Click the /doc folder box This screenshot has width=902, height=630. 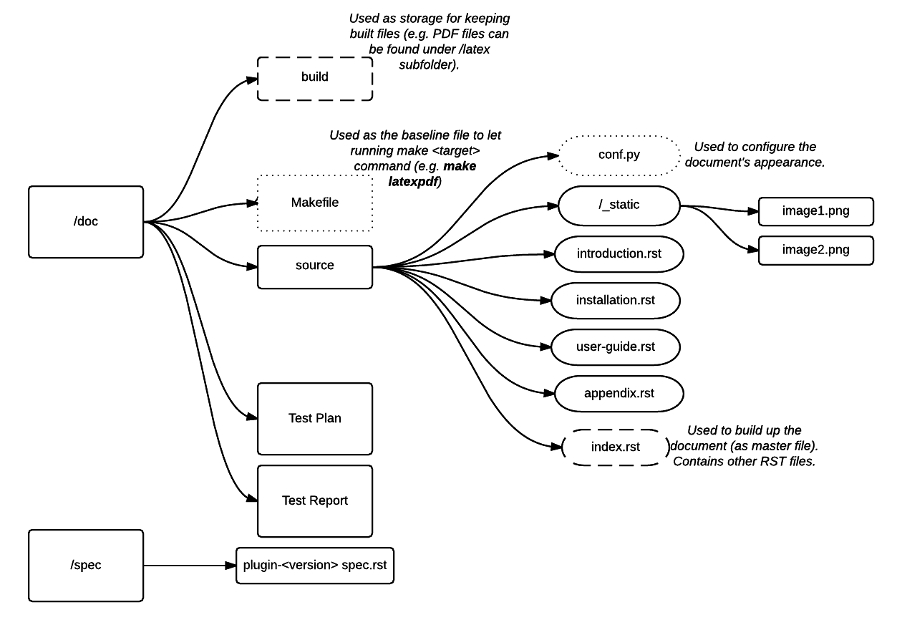pos(86,222)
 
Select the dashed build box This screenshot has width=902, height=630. pos(315,77)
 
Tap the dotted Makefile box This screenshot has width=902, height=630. pos(315,203)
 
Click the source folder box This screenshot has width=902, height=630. pos(315,266)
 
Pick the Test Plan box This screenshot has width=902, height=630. pos(315,419)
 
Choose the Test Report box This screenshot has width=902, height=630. pos(315,501)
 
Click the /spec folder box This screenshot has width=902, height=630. pos(86,566)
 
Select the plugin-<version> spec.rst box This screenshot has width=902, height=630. pos(315,566)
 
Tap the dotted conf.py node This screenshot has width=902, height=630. pos(619,155)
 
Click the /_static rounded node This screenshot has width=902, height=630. pos(619,205)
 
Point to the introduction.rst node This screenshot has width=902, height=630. pos(619,254)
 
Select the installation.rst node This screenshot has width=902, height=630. pos(616,301)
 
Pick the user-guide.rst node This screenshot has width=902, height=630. pos(616,347)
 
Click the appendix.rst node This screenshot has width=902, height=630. pos(619,394)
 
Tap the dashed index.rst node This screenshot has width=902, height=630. pos(616,447)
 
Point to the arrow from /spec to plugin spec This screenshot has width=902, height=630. pos(190,566)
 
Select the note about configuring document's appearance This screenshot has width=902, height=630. pos(755,155)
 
